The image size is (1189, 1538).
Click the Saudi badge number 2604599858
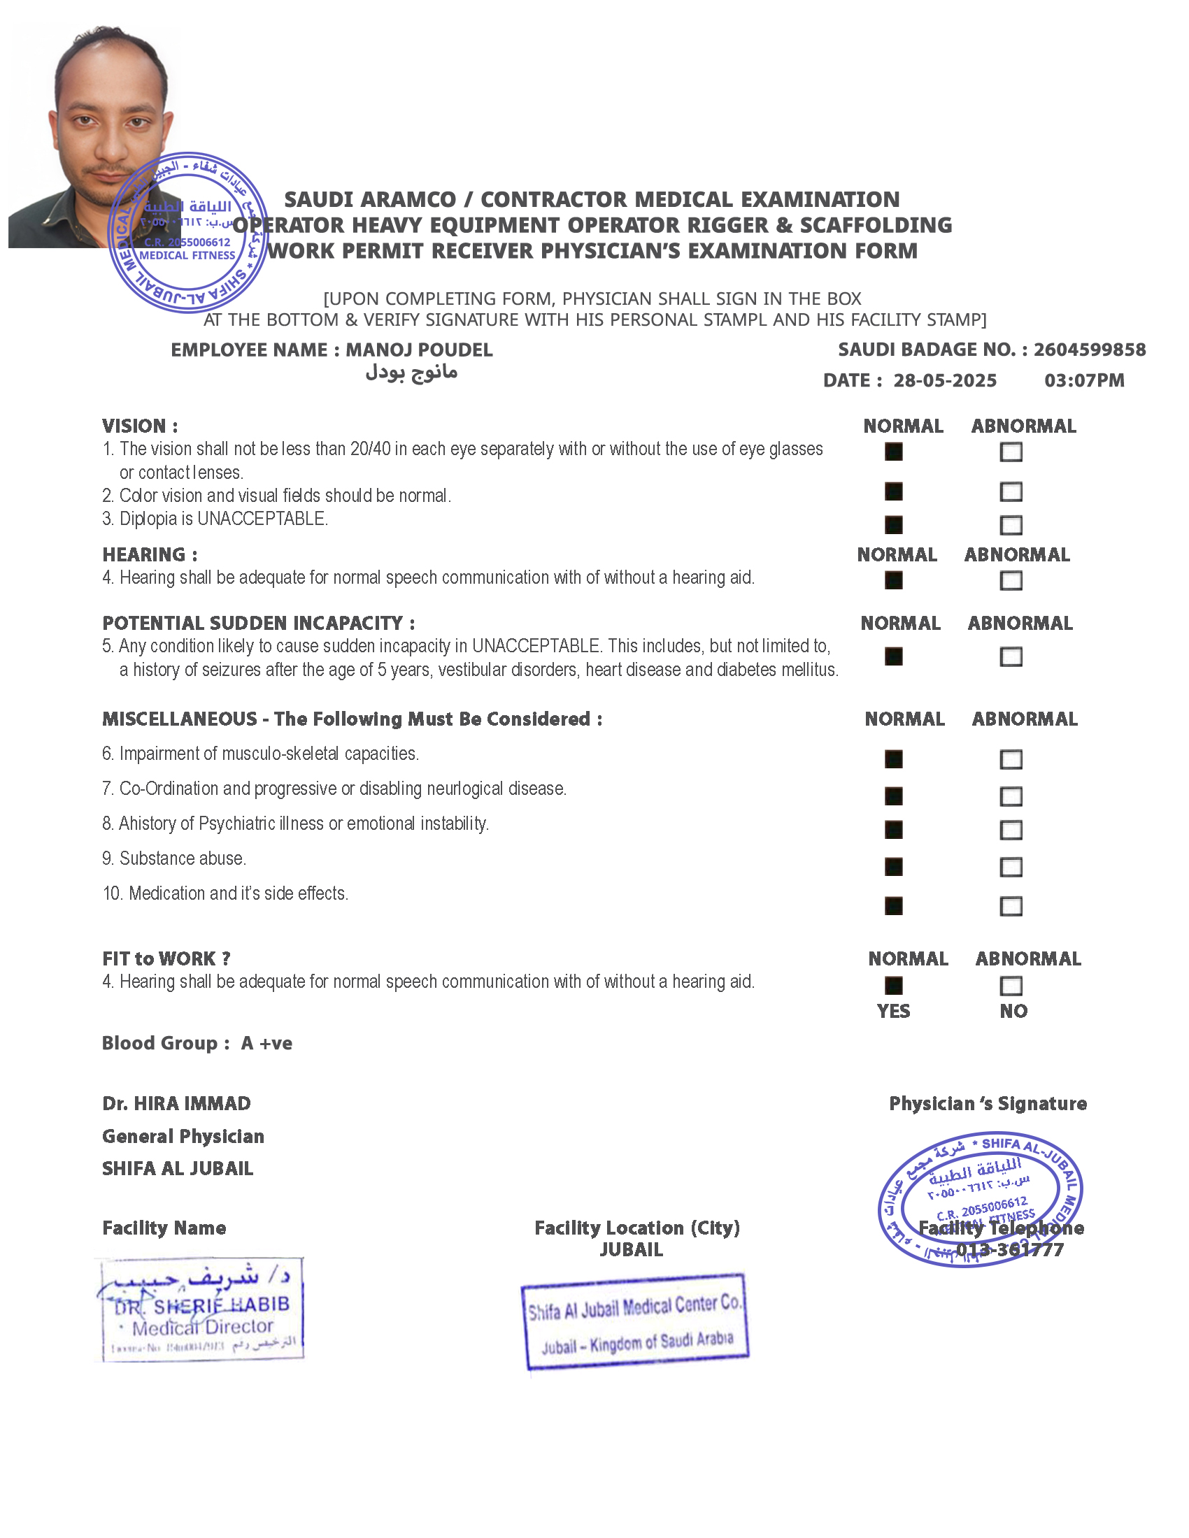point(1089,350)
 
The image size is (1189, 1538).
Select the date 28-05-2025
point(945,381)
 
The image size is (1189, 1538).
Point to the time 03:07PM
point(1084,381)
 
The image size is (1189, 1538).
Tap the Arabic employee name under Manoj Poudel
point(411,372)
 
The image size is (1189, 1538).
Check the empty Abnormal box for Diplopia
point(1011,525)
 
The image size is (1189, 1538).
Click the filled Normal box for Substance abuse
point(893,867)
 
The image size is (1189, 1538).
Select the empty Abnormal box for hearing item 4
point(1011,581)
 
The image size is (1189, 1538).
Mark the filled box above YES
point(893,986)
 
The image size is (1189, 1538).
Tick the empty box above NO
point(1011,986)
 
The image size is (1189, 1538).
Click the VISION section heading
point(139,426)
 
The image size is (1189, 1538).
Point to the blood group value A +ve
point(266,1043)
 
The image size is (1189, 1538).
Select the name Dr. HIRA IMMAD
point(176,1103)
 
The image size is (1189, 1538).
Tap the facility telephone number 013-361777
point(1009,1250)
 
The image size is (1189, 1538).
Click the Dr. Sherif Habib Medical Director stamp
point(201,1309)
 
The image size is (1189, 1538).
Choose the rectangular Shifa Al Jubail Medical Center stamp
point(634,1321)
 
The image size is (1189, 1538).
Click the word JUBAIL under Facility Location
point(631,1249)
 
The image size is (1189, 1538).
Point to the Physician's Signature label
point(988,1103)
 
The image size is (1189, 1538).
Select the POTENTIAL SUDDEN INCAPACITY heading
point(259,623)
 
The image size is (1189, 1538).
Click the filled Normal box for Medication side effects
point(893,905)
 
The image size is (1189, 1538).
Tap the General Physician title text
point(183,1136)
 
